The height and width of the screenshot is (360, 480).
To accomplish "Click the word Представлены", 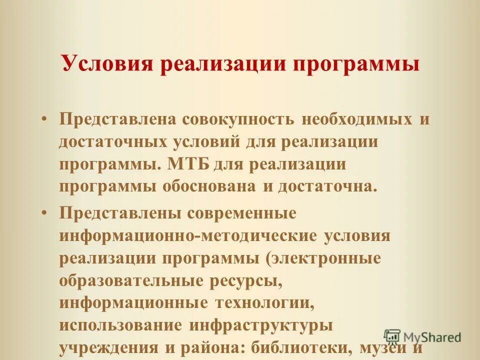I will tap(120, 212).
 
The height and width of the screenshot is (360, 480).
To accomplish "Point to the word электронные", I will tap(326, 258).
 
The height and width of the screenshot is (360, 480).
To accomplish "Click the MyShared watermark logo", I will tap(422, 337).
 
